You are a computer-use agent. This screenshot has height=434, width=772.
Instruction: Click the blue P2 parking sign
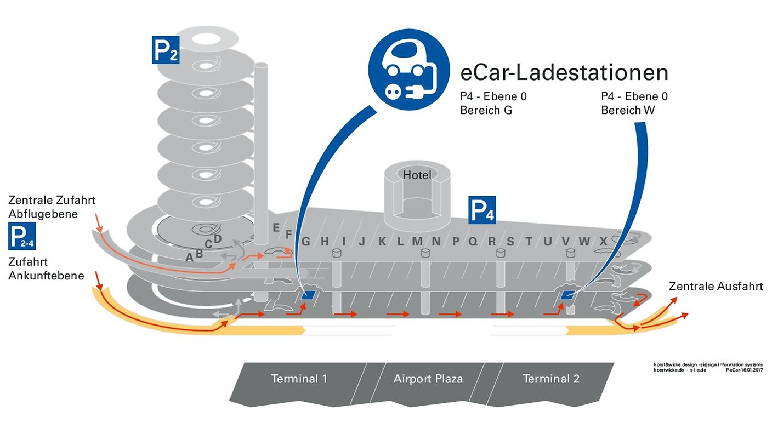[x=165, y=50]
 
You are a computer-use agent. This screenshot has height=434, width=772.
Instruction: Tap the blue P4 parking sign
[x=482, y=210]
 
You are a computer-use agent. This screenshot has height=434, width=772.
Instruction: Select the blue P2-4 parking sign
[x=22, y=236]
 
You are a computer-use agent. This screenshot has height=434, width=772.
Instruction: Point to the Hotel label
[x=417, y=175]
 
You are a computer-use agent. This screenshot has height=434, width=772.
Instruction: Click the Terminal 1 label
[x=299, y=379]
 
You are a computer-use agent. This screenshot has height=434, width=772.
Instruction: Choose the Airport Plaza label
[x=428, y=379]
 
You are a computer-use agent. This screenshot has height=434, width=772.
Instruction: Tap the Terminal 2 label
[x=550, y=379]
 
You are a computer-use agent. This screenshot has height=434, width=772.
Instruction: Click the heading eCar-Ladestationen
[x=564, y=72]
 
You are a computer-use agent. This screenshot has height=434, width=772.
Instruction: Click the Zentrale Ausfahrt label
[x=716, y=286]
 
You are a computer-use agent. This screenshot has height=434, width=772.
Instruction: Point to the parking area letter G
[x=306, y=241]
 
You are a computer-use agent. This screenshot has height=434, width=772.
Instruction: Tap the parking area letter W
[x=584, y=241]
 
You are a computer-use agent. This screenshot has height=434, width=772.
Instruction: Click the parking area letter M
[x=418, y=241]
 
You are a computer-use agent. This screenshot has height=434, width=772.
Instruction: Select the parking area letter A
[x=189, y=258]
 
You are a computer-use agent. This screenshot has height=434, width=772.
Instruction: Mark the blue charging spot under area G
[x=309, y=295]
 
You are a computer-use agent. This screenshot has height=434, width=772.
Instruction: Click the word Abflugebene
[x=43, y=214]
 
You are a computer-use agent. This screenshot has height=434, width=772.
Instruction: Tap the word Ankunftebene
[x=46, y=275]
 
